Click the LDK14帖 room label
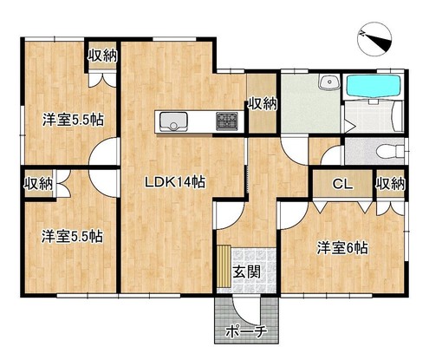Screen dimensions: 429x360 coord(175,182)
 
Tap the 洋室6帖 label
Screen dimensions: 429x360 coord(342,248)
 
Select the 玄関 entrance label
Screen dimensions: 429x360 coord(247,272)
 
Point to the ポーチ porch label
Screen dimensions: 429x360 coord(245,331)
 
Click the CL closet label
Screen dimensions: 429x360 coord(342,184)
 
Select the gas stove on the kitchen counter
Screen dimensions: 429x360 coord(227,121)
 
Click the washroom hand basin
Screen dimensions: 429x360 coord(329,82)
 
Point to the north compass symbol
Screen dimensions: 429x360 coord(374,41)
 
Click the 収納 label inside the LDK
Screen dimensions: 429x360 coord(263,103)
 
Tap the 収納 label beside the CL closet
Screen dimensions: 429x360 coord(390,184)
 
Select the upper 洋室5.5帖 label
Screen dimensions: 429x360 coord(73,120)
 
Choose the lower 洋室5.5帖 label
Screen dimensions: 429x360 coord(72,236)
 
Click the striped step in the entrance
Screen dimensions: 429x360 coord(224,265)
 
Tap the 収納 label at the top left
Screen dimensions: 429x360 coord(102,56)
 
